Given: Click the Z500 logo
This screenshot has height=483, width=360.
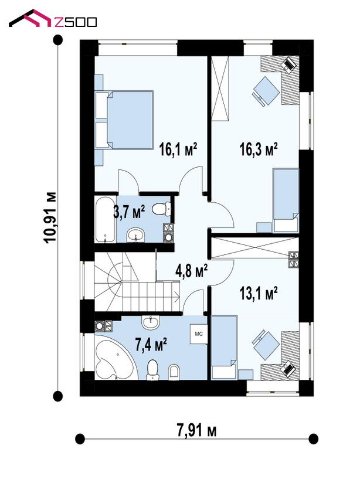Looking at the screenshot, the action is pos(53,19).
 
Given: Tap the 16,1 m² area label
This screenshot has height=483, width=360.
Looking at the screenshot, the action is pos(178,149).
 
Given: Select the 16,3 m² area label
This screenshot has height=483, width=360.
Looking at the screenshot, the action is pos(259,149).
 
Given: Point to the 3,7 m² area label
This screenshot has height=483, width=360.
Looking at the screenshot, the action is pos(129,212).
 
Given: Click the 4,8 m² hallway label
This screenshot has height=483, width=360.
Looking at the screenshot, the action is pos(191,271).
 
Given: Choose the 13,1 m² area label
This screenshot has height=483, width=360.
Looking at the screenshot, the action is pos(259,293).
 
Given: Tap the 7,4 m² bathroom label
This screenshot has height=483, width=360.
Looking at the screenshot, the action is pos(151,344).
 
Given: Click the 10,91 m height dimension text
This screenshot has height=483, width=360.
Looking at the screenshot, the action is pos(50,218).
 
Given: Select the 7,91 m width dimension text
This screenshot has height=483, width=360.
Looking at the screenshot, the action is pos(196,430).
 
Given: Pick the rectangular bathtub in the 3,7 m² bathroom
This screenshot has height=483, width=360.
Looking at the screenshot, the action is pos(105,219).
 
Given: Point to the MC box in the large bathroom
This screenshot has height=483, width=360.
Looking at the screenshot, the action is pos(199,334).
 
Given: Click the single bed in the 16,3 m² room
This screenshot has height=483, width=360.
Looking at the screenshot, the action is pos(286,200).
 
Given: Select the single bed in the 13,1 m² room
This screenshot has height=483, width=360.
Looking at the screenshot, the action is pos(225,347).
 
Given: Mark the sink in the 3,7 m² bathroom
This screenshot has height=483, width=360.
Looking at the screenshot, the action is pos(135,235).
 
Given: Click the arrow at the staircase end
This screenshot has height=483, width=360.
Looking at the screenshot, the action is pos(176,298).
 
